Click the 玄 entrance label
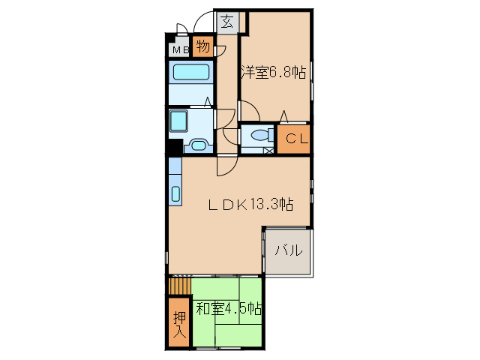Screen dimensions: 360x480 (227, 22)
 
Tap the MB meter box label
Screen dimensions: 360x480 (181, 50)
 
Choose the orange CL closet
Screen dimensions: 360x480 (293, 138)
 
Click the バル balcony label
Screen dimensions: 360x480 (287, 250)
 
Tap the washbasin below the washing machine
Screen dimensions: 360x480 (199, 145)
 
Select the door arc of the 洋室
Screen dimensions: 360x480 (250, 112)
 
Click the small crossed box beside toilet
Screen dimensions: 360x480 (268, 150)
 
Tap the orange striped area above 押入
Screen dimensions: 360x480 (179, 286)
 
